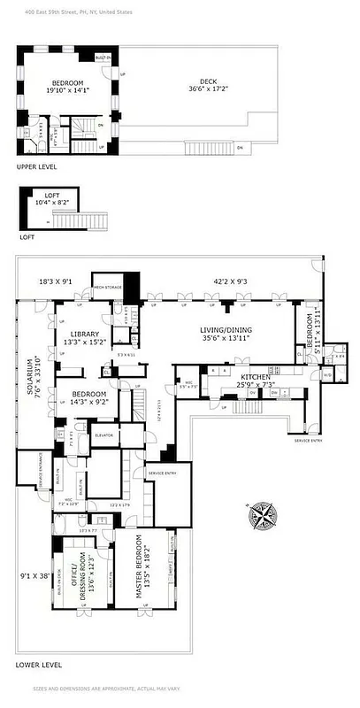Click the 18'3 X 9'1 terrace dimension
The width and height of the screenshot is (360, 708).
57,281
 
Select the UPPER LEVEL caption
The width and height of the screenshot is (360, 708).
36,165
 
